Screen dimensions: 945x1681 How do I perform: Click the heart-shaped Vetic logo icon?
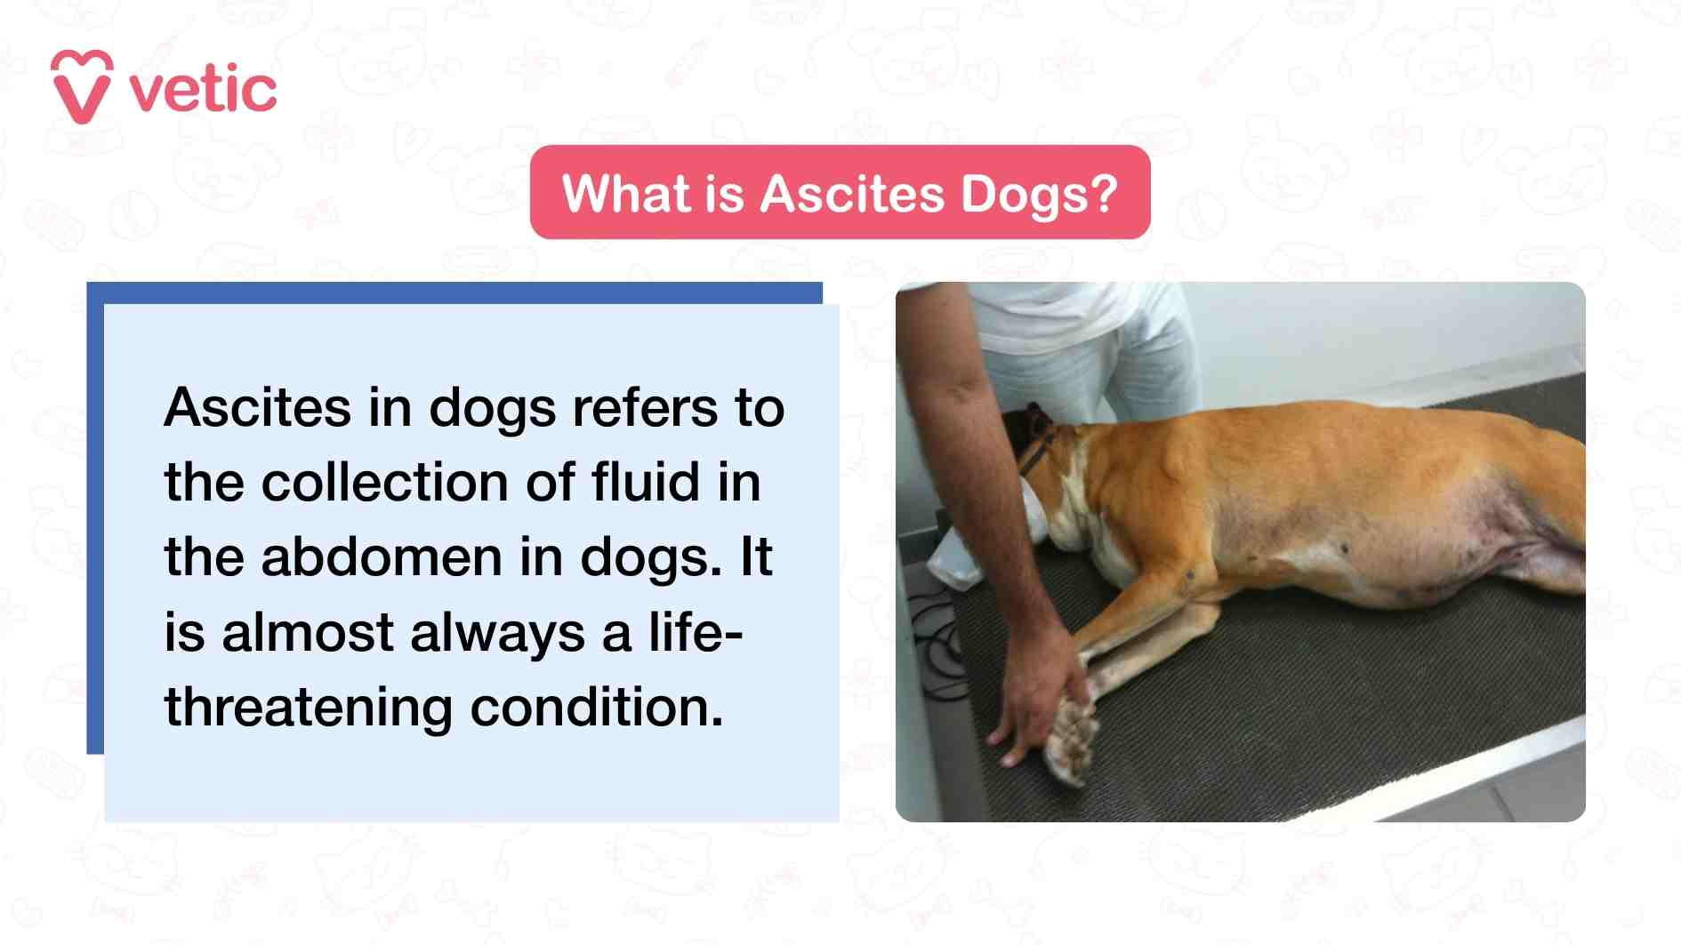coord(82,86)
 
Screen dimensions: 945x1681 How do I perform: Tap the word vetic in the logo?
coord(204,91)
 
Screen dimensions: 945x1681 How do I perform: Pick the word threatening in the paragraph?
coord(309,708)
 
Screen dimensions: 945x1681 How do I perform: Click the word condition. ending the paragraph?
coord(597,708)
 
